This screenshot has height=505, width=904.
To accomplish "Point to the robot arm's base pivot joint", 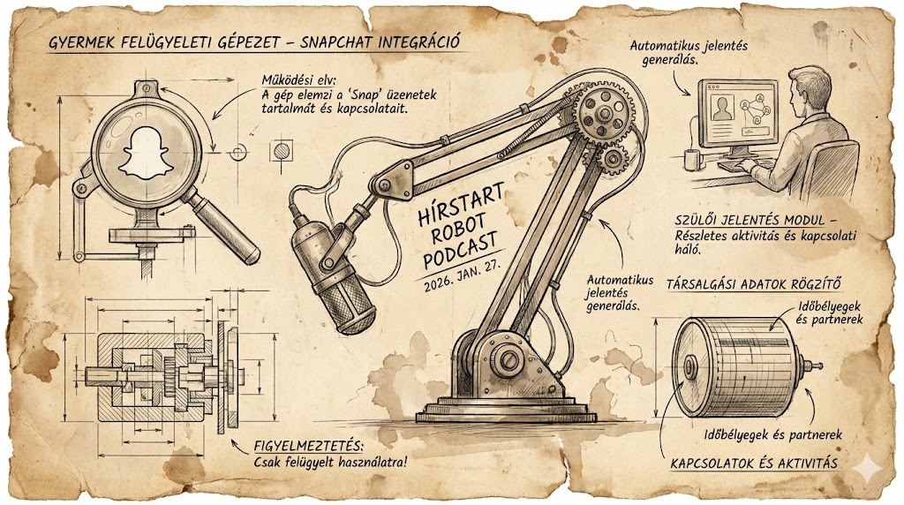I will pyautogui.click(x=507, y=358).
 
